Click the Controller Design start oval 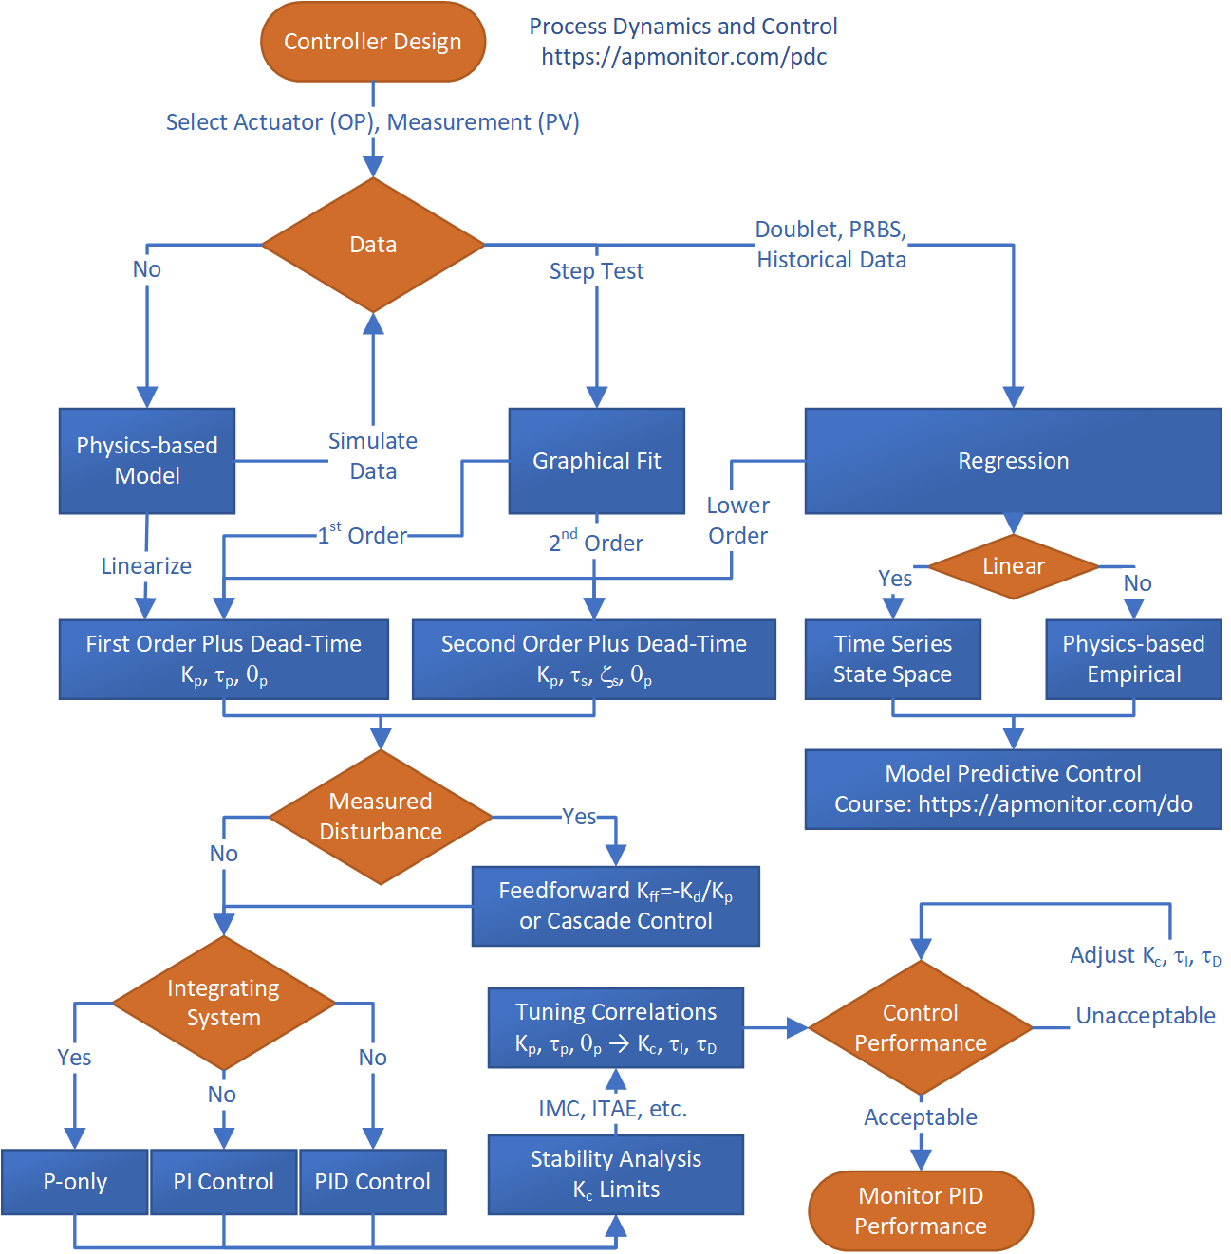tap(373, 42)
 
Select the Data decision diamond tap(373, 245)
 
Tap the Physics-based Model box tap(147, 461)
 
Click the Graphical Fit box tap(596, 461)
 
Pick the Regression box tap(1013, 461)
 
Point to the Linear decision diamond tap(1013, 566)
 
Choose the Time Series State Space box tap(892, 659)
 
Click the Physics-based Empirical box tap(1133, 659)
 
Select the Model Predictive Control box tap(1013, 789)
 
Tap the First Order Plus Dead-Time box tap(224, 659)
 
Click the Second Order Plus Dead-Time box tap(594, 659)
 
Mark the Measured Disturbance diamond tap(381, 817)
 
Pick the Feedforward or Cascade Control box tap(616, 906)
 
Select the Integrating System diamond tap(224, 1003)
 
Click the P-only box tap(75, 1182)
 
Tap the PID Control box tap(373, 1182)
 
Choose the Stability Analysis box tap(616, 1174)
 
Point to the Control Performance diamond tap(920, 1028)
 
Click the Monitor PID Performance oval tap(920, 1211)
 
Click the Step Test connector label tap(596, 271)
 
